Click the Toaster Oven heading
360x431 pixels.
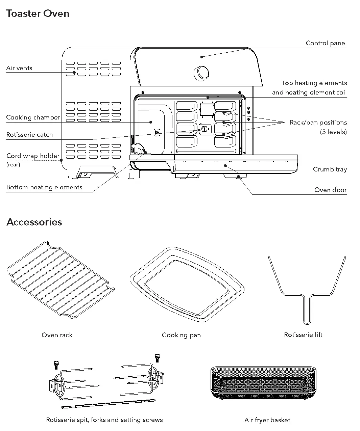[x=38, y=14]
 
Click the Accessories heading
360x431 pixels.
[x=34, y=222]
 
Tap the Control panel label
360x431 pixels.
[x=326, y=43]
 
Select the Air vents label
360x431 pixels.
[x=19, y=68]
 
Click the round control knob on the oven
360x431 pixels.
[x=201, y=72]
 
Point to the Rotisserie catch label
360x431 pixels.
[x=29, y=135]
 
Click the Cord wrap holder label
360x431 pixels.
[x=33, y=156]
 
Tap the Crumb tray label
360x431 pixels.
[x=330, y=169]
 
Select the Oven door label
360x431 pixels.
[x=330, y=190]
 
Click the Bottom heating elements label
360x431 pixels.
[x=44, y=187]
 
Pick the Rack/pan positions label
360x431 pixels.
[x=318, y=123]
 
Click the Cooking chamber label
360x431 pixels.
[x=33, y=117]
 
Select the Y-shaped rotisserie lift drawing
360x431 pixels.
[x=307, y=297]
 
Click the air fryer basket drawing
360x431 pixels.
[x=263, y=383]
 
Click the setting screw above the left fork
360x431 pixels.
[x=57, y=364]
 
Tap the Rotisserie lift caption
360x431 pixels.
[x=303, y=335]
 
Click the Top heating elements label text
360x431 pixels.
[x=314, y=83]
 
